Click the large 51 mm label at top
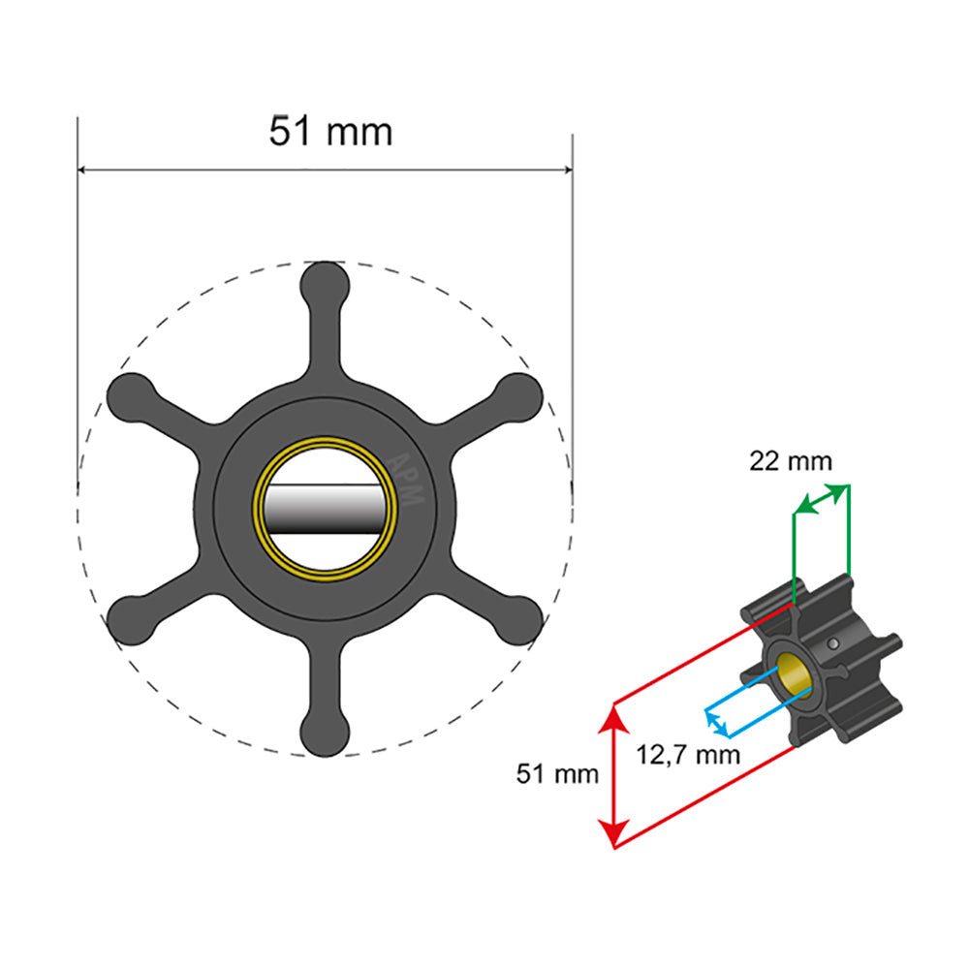coord(330,131)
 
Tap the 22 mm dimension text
coord(790,461)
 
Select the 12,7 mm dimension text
coord(688,753)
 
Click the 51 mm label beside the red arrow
coord(556,774)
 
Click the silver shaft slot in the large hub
coord(325,509)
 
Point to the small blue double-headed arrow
coord(716,722)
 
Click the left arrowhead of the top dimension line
coord(83,170)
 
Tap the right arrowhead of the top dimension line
coord(566,170)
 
